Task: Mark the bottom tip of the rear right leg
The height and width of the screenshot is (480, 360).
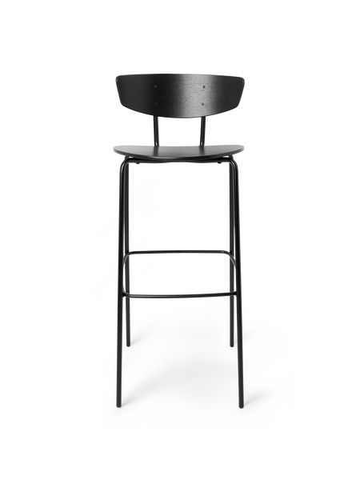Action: point(232,346)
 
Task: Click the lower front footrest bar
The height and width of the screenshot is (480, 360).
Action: point(179,294)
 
